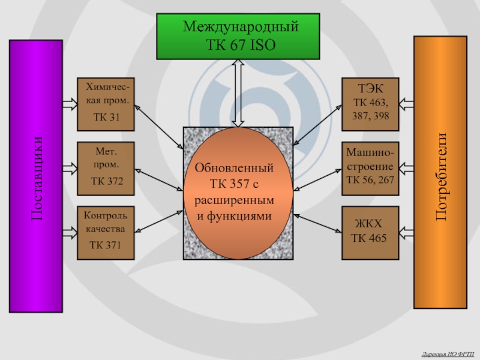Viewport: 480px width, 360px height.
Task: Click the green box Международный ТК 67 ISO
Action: pos(238,36)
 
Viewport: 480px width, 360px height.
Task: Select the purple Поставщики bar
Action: pos(36,176)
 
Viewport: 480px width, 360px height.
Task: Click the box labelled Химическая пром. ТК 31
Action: pos(106,104)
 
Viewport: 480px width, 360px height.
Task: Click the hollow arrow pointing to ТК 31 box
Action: pos(70,105)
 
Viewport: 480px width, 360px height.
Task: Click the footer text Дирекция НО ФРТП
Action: pos(448,354)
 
